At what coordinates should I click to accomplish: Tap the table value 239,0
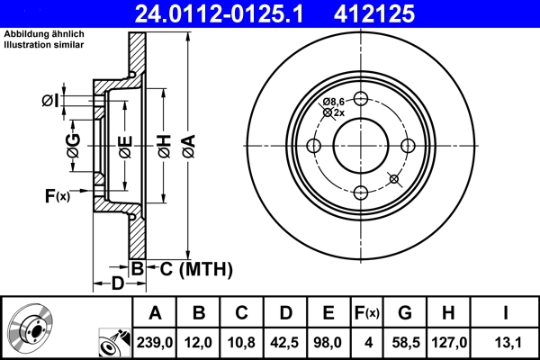pyautogui.click(x=156, y=343)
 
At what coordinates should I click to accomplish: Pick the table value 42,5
pyautogui.click(x=285, y=343)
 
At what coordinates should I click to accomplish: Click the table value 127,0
pyautogui.click(x=447, y=343)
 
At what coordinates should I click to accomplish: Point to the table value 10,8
pyautogui.click(x=242, y=343)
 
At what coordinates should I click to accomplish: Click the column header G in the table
pyautogui.click(x=404, y=312)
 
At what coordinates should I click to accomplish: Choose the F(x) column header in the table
pyautogui.click(x=366, y=312)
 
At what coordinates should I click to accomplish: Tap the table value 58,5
pyautogui.click(x=404, y=343)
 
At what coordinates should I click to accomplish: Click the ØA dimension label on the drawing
pyautogui.click(x=187, y=145)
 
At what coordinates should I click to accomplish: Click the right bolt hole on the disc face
pyautogui.click(x=407, y=147)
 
